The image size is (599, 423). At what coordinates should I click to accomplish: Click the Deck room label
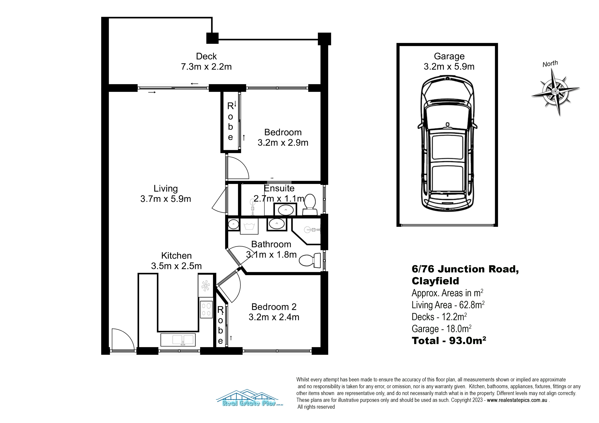206,56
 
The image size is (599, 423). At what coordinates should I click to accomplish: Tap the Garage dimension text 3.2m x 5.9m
449,67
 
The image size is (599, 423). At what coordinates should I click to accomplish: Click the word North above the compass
550,64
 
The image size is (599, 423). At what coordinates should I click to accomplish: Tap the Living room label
166,188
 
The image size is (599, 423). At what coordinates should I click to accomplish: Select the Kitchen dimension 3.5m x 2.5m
176,266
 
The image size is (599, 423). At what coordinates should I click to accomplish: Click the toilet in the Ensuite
310,205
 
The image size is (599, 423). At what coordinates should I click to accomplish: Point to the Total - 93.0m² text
449,341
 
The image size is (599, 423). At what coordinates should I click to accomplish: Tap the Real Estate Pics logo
250,398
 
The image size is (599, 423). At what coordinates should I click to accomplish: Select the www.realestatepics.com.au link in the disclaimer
517,400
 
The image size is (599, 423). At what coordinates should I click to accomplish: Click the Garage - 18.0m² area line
441,329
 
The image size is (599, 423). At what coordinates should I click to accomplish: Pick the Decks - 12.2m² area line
439,317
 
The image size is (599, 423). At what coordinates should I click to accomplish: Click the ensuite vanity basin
285,210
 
